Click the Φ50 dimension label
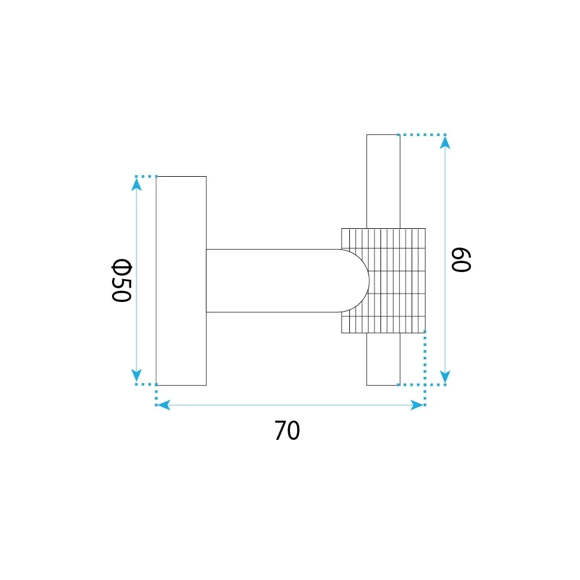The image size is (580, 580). pos(121,281)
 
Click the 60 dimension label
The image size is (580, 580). pos(461,259)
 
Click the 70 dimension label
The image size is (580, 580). pos(287,430)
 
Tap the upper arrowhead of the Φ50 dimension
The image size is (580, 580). pos(137,184)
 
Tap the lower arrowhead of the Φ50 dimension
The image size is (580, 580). pos(137,376)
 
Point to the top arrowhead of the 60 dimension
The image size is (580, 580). pos(445,143)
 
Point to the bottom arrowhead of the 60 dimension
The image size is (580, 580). pos(445,377)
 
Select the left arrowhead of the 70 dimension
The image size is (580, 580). pos(164,405)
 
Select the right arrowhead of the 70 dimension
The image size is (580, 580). pos(417,405)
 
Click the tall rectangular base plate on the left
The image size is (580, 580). pos(181,281)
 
